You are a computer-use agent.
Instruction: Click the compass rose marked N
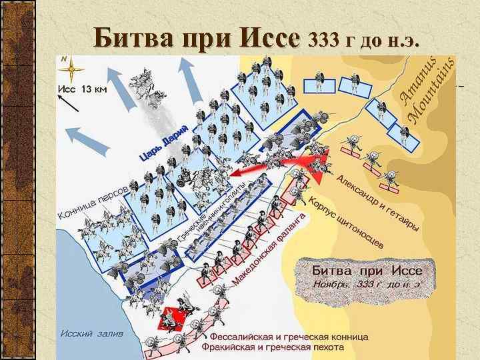click(71, 69)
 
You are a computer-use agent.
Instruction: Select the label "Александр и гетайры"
click(377, 203)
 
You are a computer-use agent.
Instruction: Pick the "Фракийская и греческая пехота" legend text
click(273, 347)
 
